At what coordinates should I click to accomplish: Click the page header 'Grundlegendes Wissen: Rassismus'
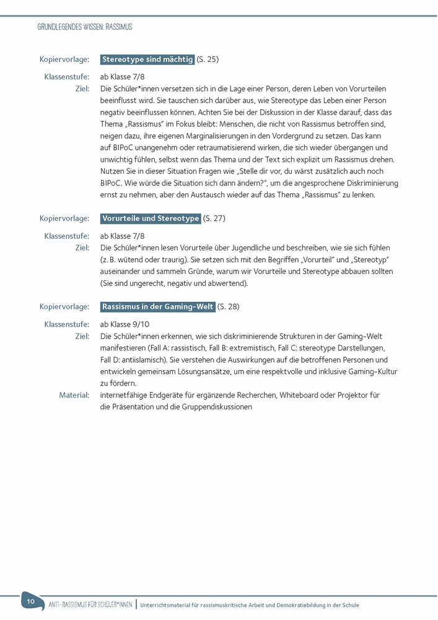click(x=85, y=27)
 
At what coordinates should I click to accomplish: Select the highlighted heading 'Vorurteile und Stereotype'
click(x=150, y=218)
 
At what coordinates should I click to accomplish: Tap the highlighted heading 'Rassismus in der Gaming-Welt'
click(x=157, y=306)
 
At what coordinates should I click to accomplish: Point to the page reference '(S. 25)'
click(x=208, y=60)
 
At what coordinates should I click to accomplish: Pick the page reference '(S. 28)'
click(x=228, y=306)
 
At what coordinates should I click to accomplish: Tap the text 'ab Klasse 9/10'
click(x=125, y=324)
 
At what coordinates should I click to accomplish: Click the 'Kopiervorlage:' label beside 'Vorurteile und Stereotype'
click(x=64, y=218)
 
